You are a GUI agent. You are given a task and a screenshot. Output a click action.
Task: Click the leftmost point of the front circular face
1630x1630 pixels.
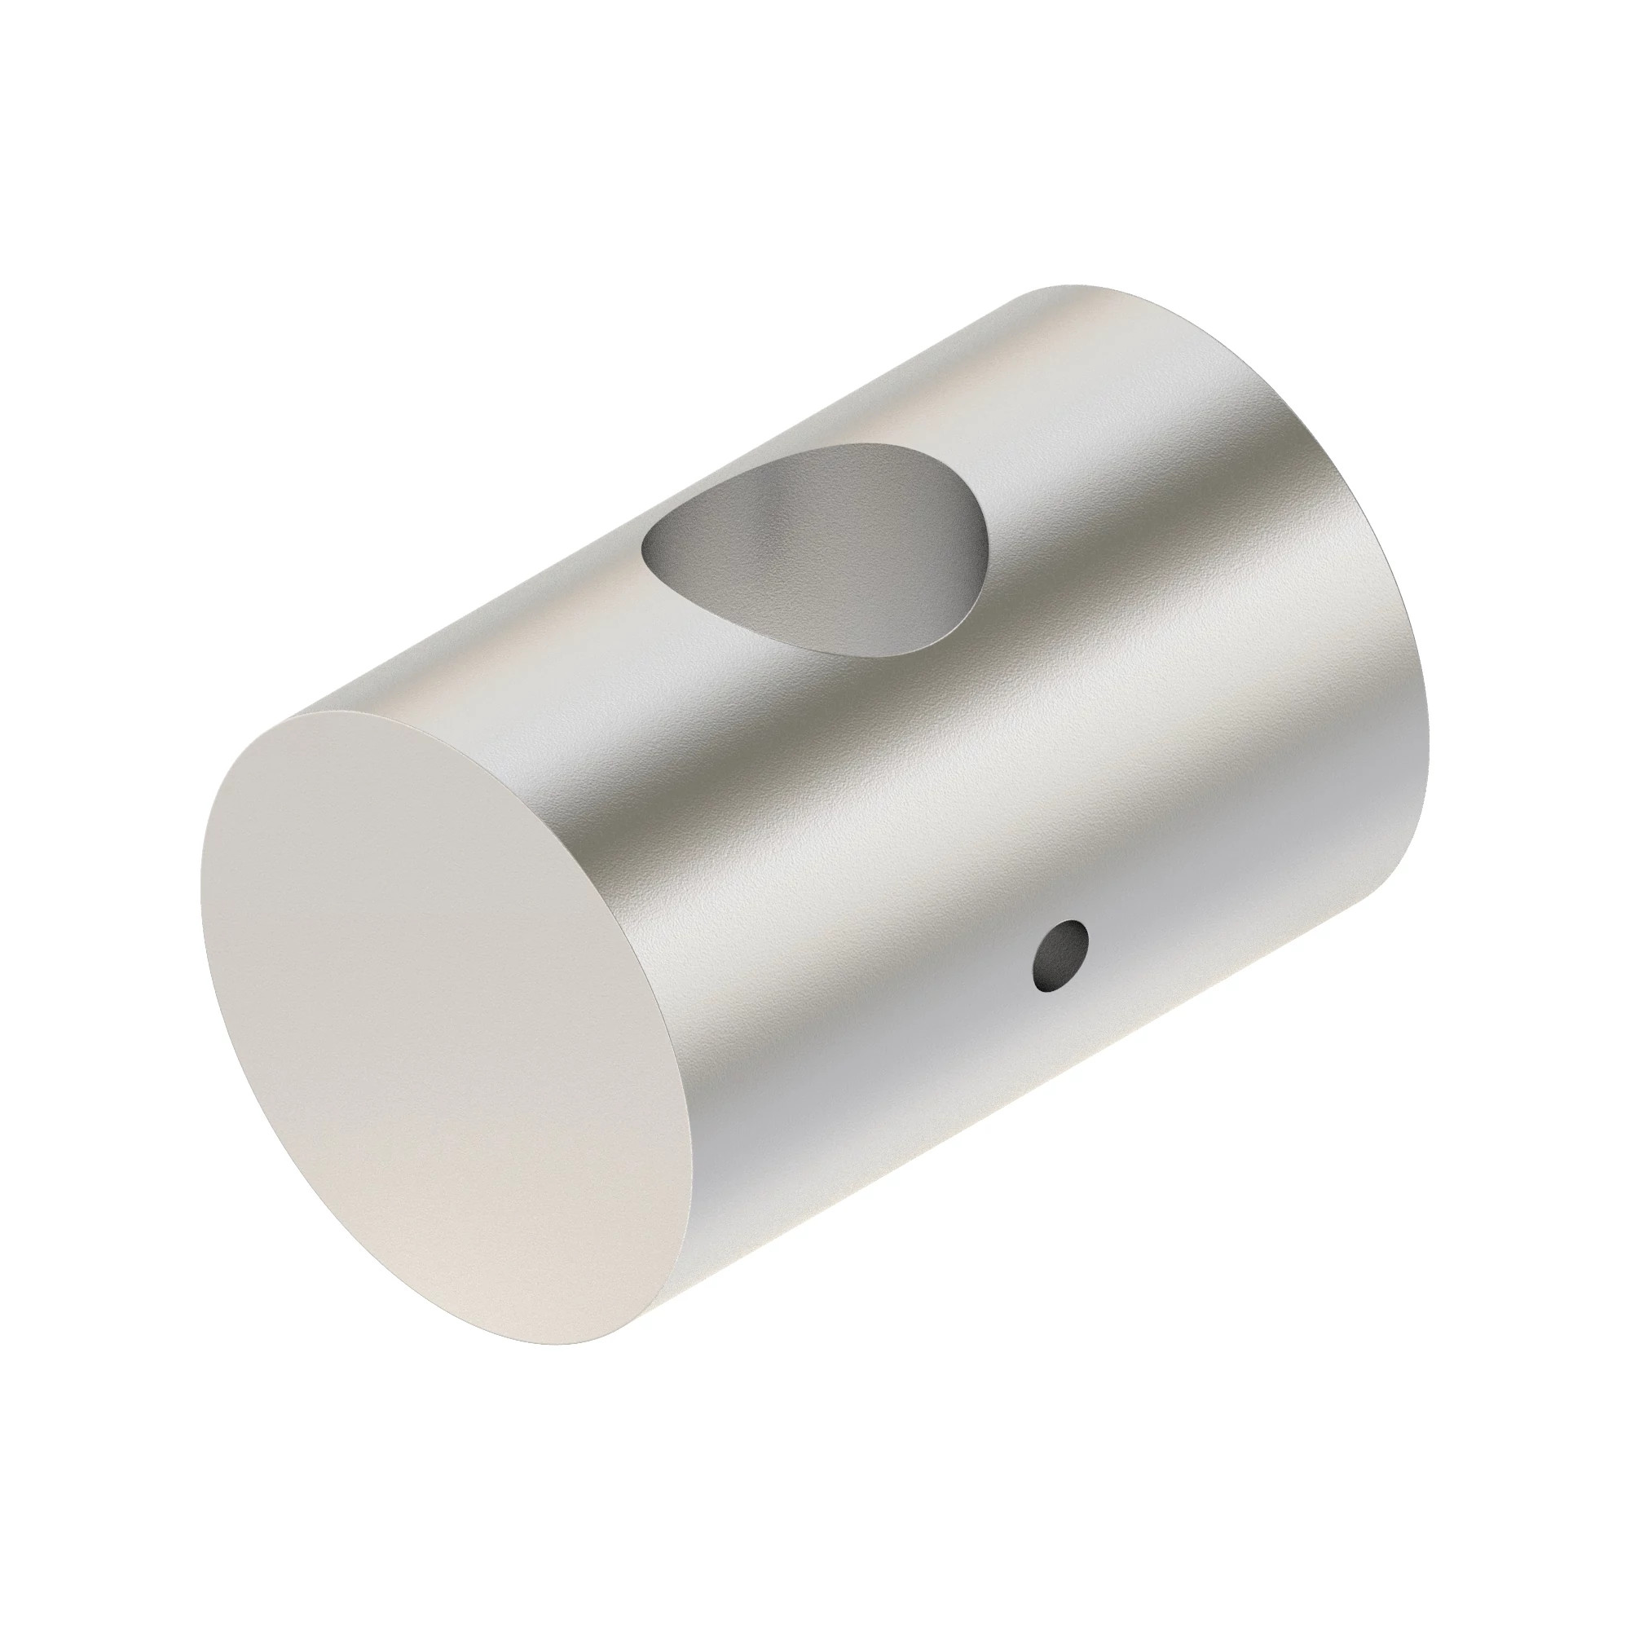coord(200,894)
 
